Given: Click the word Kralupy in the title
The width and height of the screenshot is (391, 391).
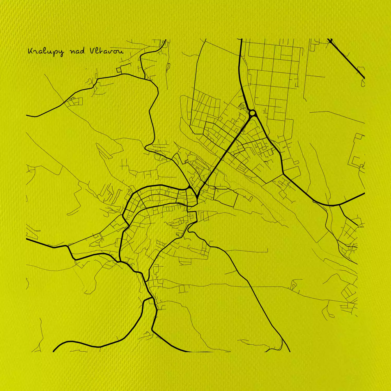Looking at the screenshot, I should pos(45,51).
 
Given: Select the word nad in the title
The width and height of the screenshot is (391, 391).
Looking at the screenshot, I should pos(77,51).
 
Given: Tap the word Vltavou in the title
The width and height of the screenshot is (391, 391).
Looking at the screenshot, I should pos(106,51).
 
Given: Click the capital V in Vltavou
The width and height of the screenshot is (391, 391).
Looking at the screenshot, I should pos(93,51).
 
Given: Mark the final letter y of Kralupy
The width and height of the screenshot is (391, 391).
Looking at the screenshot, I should pos(60,53).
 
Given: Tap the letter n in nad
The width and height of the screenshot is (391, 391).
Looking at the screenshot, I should pos(72,52).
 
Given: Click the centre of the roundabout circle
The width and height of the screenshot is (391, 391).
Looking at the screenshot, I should pos(252,113).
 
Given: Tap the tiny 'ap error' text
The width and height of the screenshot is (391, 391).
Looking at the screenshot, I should pos(360,227).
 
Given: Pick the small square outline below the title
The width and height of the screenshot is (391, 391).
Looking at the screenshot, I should pos(119,70).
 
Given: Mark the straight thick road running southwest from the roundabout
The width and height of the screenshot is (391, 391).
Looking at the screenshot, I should pos(224,154).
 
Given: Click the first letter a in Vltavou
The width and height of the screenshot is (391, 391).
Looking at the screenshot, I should pos(105,51).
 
